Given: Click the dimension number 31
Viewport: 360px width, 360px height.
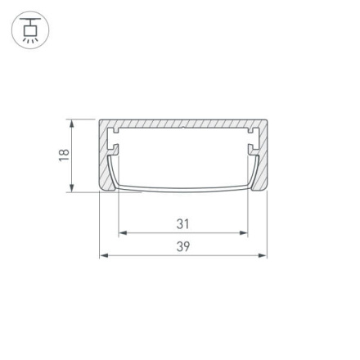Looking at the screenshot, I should click(183, 223).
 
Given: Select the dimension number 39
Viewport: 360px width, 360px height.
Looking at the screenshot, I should click(183, 246).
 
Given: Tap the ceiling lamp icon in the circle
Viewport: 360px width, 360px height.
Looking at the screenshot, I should click(30, 29).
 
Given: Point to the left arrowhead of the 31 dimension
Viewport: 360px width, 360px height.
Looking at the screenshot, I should click(123, 233).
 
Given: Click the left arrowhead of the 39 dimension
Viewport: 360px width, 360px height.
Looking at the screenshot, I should click(103, 256).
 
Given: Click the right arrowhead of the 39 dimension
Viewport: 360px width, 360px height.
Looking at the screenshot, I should click(263, 256).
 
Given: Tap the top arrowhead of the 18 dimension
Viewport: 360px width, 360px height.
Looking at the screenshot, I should click(72, 124).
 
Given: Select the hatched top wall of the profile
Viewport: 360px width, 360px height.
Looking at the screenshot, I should click(183, 124).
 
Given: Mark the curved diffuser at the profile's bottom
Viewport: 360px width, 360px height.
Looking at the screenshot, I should click(183, 190).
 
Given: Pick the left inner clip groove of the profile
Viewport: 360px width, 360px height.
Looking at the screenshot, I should click(115, 151).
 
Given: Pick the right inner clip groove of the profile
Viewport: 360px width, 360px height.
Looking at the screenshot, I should click(251, 151).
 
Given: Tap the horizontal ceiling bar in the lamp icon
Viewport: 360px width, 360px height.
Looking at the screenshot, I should click(30, 19).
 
